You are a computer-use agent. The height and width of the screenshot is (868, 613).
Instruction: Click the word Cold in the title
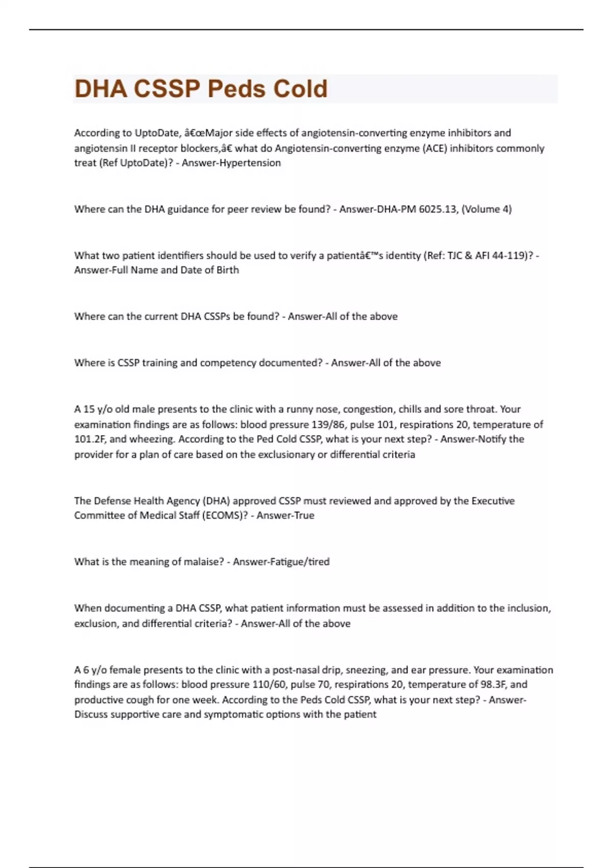(x=300, y=89)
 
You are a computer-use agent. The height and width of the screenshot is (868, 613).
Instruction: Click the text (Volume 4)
(x=486, y=209)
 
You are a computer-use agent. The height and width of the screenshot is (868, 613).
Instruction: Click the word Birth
(x=227, y=270)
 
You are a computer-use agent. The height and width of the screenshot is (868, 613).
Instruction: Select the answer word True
(x=304, y=516)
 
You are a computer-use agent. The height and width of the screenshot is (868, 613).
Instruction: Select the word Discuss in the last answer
(x=92, y=715)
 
